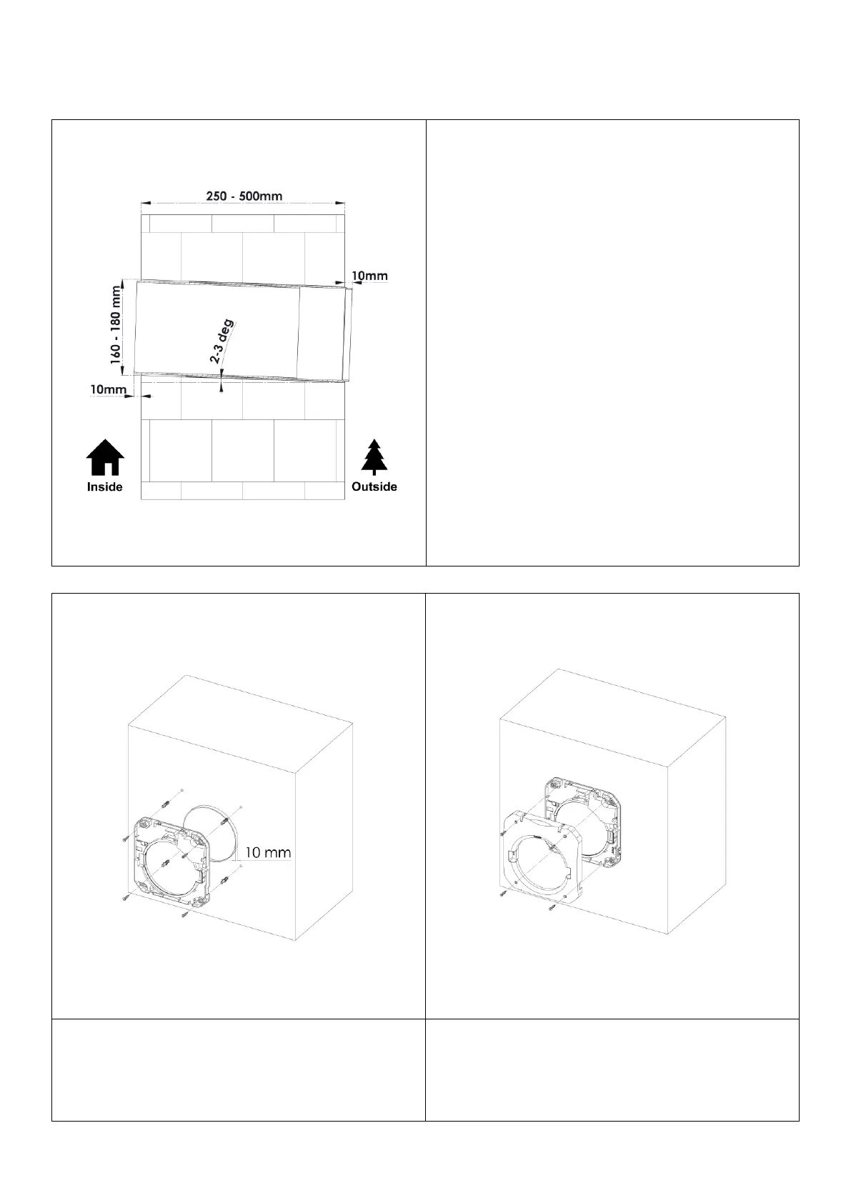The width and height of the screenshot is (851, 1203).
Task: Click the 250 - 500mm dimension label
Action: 242,196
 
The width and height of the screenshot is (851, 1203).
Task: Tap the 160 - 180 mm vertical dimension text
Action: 116,326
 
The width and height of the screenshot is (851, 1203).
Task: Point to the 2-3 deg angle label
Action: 222,341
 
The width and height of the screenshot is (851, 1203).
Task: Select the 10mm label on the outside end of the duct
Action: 371,275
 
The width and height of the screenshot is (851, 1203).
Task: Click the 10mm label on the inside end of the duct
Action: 108,389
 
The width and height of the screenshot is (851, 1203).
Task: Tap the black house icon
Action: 105,457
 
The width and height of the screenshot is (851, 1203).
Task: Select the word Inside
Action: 105,487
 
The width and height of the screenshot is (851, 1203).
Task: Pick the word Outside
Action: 374,486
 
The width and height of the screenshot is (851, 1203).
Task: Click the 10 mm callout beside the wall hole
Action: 268,852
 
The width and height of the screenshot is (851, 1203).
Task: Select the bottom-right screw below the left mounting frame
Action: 185,913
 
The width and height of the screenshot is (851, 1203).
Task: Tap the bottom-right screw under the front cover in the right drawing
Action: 553,908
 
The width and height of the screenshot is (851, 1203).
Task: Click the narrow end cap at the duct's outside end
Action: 349,334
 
